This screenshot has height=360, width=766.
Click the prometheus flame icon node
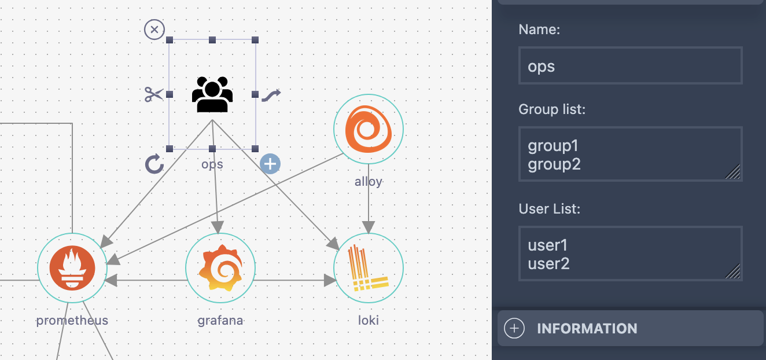pos(72,268)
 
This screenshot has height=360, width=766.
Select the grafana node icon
pos(220,268)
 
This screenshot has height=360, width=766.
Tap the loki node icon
pos(369,268)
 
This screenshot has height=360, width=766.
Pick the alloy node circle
pos(369,129)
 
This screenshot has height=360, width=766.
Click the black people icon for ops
pos(212,95)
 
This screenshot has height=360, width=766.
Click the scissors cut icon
pos(154,94)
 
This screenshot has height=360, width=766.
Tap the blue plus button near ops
pos(270,164)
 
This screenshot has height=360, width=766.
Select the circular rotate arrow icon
pos(154,164)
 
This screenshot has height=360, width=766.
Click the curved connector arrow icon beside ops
pos(271,94)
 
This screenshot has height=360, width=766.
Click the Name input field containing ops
pos(630,66)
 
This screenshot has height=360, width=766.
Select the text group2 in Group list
pos(554,164)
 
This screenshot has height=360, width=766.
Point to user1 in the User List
pos(547,245)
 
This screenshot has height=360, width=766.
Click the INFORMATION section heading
pos(587,329)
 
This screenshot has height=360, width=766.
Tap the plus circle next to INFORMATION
pos(514,329)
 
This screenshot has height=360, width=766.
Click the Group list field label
pos(552,109)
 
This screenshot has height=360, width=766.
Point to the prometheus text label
pos(72,320)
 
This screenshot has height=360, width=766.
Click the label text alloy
pos(369,182)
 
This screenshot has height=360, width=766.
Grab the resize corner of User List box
pos(734,272)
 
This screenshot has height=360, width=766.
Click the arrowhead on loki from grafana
pos(330,281)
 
